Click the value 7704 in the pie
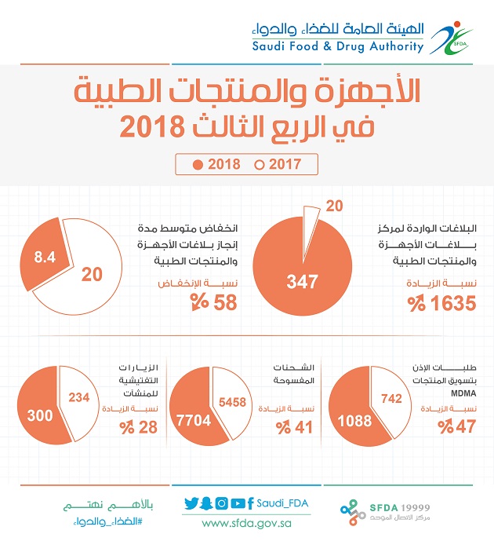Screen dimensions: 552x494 coord(194,420)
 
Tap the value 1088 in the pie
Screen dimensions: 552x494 coord(354,420)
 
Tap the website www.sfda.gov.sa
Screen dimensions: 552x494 coord(246,523)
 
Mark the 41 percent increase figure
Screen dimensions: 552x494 coord(295,427)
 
